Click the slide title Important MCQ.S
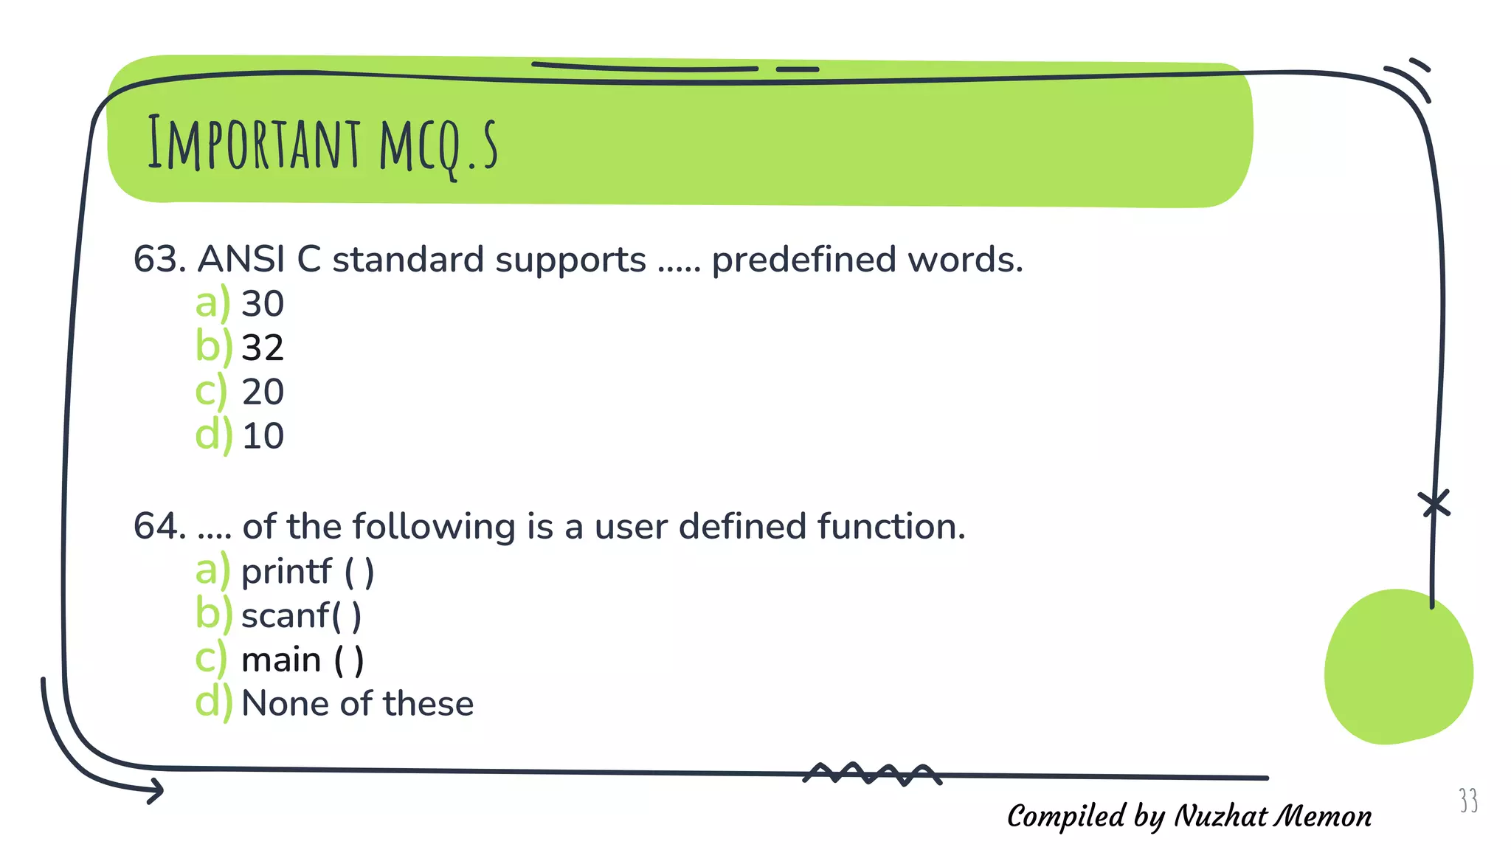pos(322,145)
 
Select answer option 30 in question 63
pos(263,304)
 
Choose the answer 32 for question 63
pos(263,348)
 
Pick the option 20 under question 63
pos(263,392)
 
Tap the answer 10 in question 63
pos(263,436)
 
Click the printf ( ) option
pos(308,572)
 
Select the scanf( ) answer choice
pos(301,616)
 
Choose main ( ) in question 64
pos(302,660)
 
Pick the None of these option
pos(357,704)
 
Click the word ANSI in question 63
pos(241,260)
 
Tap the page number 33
pos(1468,801)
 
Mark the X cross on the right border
pos(1434,505)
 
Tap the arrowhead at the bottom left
pos(156,791)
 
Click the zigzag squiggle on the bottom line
pos(871,774)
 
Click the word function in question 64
pos(891,527)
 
